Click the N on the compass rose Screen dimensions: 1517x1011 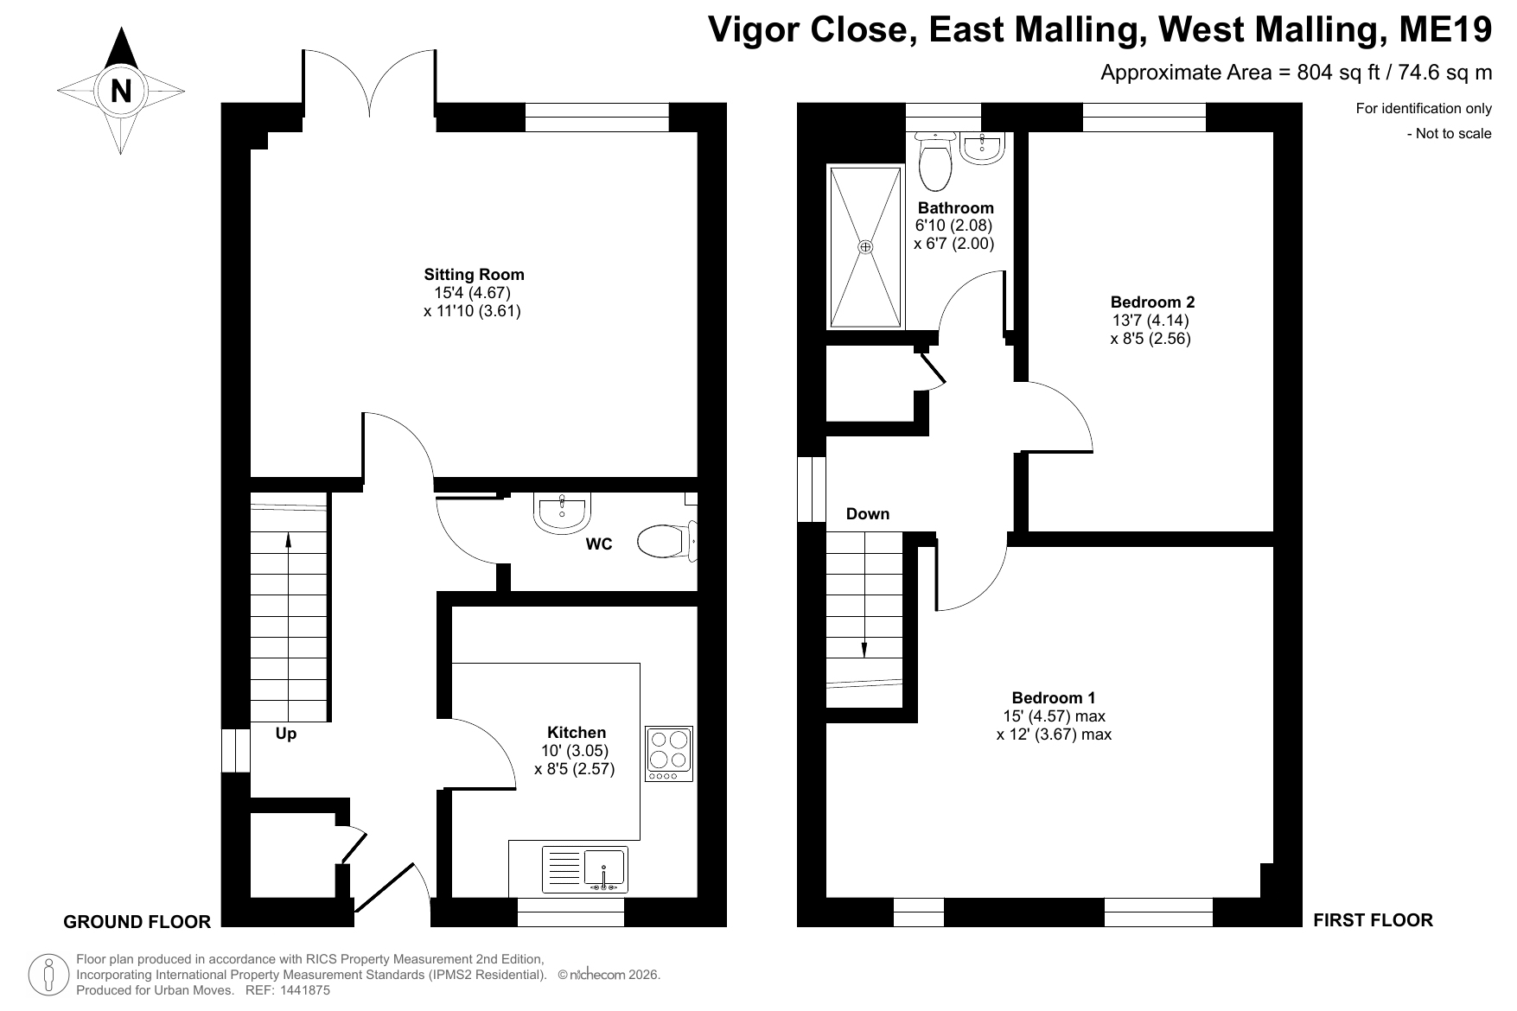[121, 91]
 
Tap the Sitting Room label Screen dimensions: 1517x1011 [474, 275]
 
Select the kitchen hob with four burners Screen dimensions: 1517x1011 [669, 754]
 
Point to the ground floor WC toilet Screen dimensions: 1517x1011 [666, 543]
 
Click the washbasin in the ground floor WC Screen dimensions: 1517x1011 [562, 512]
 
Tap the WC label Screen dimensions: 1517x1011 [599, 544]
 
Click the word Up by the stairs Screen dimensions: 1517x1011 [285, 734]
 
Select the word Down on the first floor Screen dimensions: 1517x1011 [868, 514]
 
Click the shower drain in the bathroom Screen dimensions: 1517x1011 [866, 247]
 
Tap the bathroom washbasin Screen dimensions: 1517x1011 [982, 148]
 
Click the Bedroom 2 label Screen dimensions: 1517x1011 [1152, 302]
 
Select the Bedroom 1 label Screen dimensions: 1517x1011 [1054, 698]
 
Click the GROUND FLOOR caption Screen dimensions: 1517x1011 [137, 922]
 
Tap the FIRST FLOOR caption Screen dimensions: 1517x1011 [1373, 920]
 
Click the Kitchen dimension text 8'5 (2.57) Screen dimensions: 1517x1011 [574, 769]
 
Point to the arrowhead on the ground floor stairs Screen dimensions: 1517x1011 [288, 539]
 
